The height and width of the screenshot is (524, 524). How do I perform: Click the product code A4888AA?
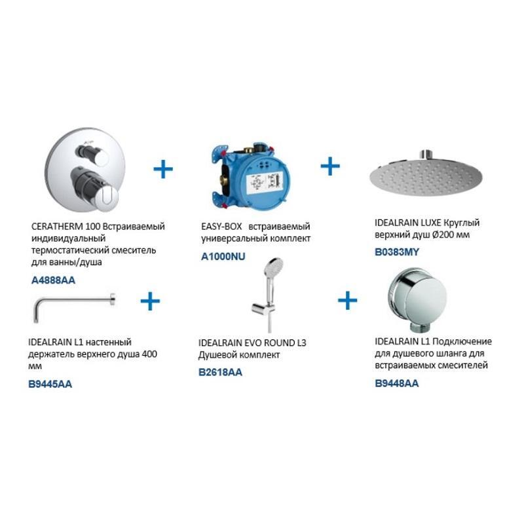click(53, 280)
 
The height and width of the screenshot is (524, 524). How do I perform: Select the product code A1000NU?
click(223, 256)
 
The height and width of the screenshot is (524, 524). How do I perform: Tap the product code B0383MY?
click(397, 252)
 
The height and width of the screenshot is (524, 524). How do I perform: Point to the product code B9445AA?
click(50, 384)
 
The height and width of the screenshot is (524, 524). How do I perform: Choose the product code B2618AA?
click(220, 372)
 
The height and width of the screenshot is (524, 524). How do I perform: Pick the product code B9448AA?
click(397, 383)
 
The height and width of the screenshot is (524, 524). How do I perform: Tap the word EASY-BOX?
click(221, 226)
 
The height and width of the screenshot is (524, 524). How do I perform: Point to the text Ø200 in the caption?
click(445, 234)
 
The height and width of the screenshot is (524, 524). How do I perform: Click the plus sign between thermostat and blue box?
click(163, 169)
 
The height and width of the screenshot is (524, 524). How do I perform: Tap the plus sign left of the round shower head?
click(330, 166)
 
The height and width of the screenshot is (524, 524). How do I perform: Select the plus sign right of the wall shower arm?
click(150, 301)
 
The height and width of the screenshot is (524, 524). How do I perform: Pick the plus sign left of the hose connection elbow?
click(348, 300)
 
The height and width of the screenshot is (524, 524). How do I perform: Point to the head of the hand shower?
click(273, 266)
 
